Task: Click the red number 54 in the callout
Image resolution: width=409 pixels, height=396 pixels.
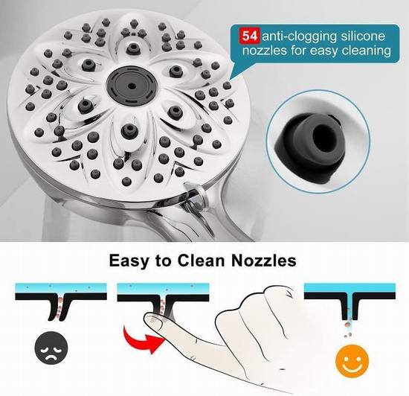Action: click(x=250, y=36)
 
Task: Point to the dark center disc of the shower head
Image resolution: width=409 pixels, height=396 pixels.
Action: click(x=132, y=86)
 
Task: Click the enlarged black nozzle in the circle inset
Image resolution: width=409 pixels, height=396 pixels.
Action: click(x=310, y=145)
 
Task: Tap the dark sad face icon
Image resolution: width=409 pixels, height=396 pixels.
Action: click(x=51, y=348)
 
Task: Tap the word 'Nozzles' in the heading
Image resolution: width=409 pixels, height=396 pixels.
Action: click(x=264, y=261)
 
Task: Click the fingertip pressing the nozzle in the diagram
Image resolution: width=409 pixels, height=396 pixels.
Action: click(x=153, y=321)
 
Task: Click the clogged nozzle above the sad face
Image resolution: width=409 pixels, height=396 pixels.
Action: click(x=59, y=307)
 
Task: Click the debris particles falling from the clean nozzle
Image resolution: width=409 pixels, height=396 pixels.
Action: click(x=347, y=330)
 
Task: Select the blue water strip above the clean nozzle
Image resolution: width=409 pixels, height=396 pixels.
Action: click(x=350, y=288)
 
